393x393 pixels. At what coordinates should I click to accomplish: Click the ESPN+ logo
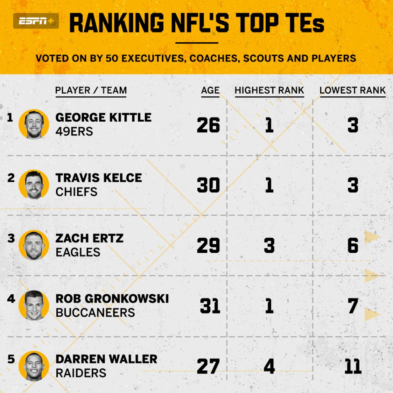coord(36,21)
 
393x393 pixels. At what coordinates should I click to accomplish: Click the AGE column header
coord(210,91)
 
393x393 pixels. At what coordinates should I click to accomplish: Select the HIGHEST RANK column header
coord(269,91)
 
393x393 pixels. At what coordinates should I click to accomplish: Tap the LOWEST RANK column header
coord(352,91)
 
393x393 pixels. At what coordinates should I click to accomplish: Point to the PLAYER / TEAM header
coord(91,91)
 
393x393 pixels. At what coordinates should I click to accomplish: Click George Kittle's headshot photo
coord(34,124)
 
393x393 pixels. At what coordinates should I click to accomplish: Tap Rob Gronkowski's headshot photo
coord(34,305)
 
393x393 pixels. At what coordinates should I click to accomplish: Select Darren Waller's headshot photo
coord(34,366)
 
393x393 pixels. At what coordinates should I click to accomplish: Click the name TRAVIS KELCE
coord(99,178)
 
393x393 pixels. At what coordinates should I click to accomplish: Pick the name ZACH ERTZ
coord(89,238)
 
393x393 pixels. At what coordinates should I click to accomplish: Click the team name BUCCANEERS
coord(95,313)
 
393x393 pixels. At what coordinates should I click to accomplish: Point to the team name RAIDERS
coord(81,373)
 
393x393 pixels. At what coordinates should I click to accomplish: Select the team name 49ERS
coord(74,132)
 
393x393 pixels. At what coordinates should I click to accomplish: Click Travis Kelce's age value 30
coord(208,185)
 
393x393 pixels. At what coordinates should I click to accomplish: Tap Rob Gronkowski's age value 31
coord(210,306)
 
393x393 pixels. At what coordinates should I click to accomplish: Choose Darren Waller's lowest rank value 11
coord(353,367)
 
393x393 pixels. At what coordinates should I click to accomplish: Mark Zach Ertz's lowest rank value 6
coord(353,246)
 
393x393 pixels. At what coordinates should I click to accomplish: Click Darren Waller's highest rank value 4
coord(269,367)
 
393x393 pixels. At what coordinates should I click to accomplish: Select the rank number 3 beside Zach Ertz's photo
coord(11,238)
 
